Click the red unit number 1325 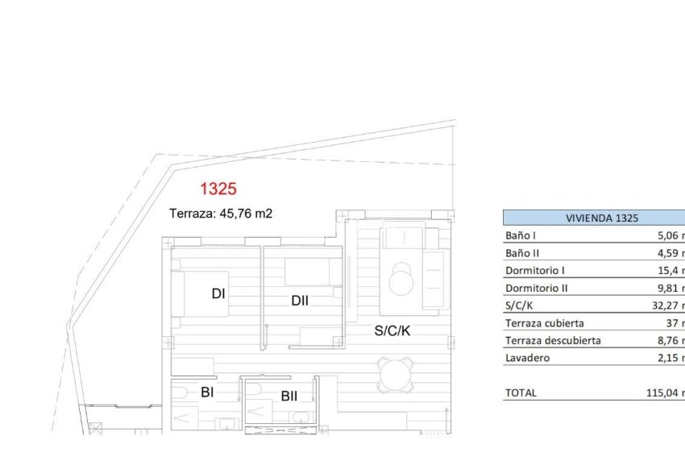coord(218,189)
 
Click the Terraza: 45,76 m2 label coord(221,214)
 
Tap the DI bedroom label coord(218,294)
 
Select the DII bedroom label coord(300,301)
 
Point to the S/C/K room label coord(392,330)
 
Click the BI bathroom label coord(206,392)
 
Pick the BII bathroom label coord(289,396)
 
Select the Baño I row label coord(521,236)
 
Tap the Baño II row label coord(522,253)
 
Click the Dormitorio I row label coord(535,271)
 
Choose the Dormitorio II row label coord(537,288)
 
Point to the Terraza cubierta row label coord(544,323)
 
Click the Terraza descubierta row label coord(553,340)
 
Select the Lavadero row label coord(528,358)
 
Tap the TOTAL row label coord(521,392)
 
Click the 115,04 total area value coord(666,392)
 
